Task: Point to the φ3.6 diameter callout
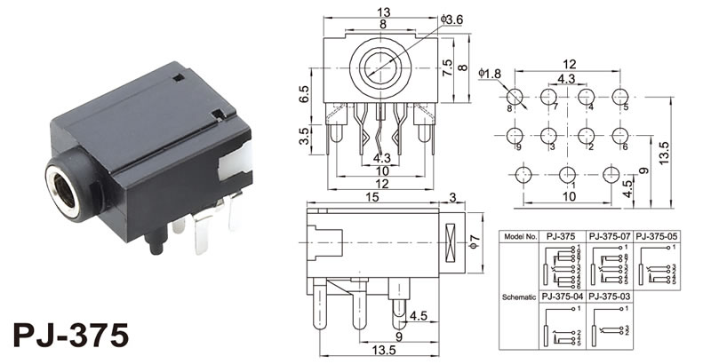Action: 452,20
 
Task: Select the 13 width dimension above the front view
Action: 383,12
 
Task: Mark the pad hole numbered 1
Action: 567,174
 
